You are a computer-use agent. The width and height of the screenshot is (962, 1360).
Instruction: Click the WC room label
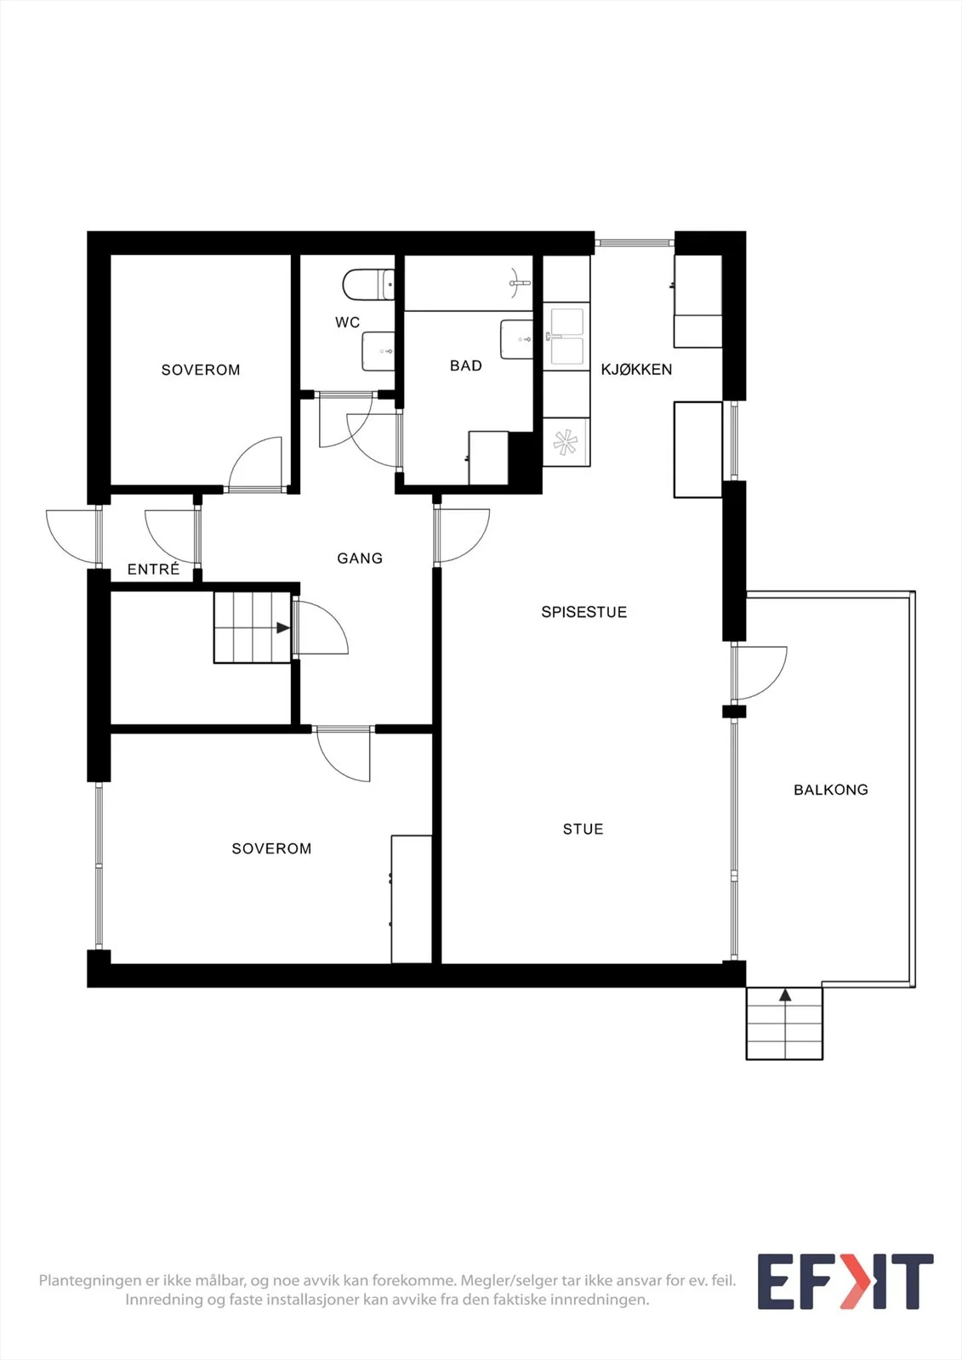[347, 322]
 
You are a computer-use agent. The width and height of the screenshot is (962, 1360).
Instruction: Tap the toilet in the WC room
[368, 285]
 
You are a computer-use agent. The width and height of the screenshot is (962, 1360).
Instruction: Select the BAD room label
[466, 365]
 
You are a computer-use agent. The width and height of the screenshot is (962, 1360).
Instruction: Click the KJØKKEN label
[636, 369]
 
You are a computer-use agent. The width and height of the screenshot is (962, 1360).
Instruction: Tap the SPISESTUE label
[584, 612]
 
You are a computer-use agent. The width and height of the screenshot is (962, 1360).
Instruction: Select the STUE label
[583, 830]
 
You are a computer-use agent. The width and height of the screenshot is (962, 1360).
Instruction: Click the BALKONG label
[831, 790]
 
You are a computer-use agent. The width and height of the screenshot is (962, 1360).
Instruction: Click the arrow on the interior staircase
[283, 628]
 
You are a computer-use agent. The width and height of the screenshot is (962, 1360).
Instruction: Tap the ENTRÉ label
[154, 569]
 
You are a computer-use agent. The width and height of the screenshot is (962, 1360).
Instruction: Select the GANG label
[360, 558]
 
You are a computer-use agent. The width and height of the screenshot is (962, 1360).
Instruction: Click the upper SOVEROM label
[201, 370]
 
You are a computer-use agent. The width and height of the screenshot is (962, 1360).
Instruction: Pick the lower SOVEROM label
[271, 849]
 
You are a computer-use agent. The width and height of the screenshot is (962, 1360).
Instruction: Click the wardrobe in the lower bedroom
[412, 899]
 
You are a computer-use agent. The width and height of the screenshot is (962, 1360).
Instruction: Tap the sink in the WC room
[378, 351]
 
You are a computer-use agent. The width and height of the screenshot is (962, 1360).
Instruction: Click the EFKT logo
[845, 1281]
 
